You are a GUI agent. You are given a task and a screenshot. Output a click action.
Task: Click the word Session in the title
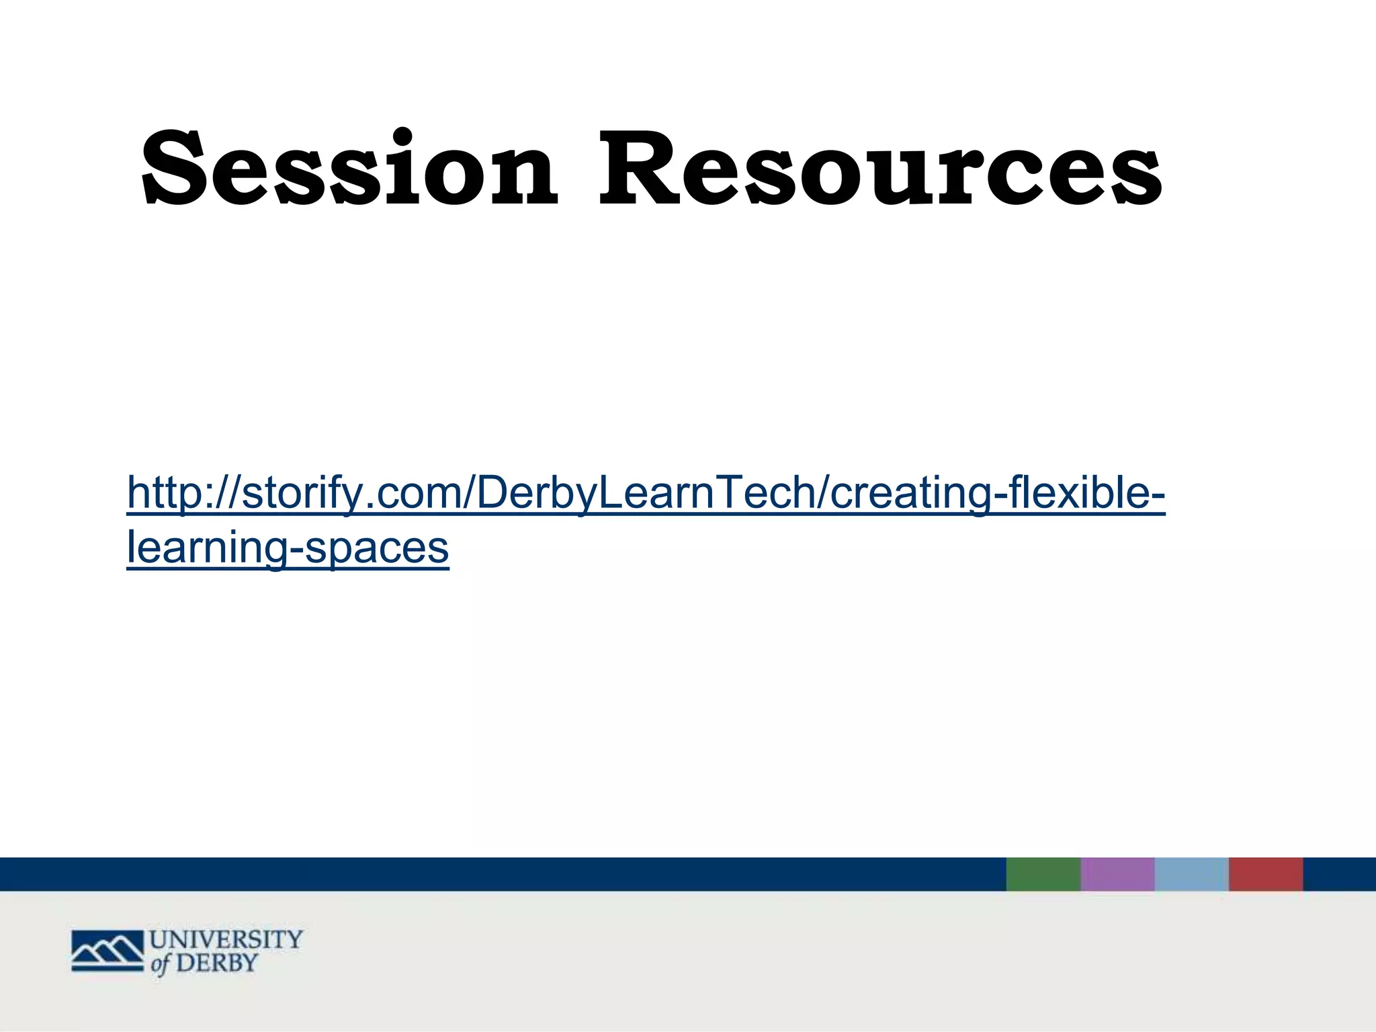pos(349,168)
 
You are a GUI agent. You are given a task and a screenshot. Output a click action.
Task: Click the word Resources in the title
pos(880,168)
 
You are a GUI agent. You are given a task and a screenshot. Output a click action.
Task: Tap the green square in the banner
pos(1043,874)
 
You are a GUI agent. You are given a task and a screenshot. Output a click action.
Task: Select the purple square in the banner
pos(1117,874)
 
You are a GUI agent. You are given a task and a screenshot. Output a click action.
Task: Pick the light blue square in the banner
pos(1191,874)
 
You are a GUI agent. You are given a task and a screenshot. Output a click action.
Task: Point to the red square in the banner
pos(1266,874)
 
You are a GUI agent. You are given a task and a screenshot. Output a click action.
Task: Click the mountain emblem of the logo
pos(107,951)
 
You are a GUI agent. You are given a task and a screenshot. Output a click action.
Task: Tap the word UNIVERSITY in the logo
pos(226,939)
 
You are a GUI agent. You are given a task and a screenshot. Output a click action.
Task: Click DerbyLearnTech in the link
pos(645,492)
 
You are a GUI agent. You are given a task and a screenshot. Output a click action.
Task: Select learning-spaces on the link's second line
pos(288,548)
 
